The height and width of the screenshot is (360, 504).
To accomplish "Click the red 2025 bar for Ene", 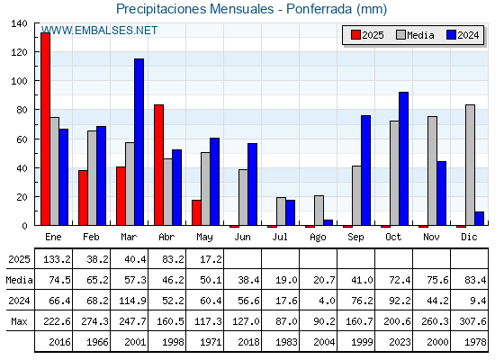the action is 45,129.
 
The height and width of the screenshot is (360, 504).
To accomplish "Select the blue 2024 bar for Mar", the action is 139,142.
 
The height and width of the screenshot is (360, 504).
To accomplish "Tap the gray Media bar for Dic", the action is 470,165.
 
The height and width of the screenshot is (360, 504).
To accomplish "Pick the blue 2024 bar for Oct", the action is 404,158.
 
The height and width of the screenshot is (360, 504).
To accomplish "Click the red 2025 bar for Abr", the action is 158,165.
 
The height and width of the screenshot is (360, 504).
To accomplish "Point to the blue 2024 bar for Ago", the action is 328,222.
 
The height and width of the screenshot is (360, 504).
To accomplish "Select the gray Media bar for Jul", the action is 281,211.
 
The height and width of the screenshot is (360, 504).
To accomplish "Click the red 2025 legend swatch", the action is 355,35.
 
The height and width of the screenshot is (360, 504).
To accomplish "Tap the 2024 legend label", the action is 468,35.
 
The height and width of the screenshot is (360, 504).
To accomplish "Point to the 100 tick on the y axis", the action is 19,81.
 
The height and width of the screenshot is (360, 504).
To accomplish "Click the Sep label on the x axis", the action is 355,238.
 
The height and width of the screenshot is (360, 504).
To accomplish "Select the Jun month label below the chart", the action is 242,238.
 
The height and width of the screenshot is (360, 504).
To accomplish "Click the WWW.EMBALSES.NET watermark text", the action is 100,31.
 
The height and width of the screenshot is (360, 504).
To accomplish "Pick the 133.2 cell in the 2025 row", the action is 57,259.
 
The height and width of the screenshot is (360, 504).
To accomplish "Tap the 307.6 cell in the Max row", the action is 472,321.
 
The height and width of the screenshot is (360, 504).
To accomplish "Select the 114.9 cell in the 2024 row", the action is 132,301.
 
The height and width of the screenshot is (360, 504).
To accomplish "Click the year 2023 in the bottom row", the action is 400,342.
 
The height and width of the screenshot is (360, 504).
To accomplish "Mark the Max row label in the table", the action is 19,321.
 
